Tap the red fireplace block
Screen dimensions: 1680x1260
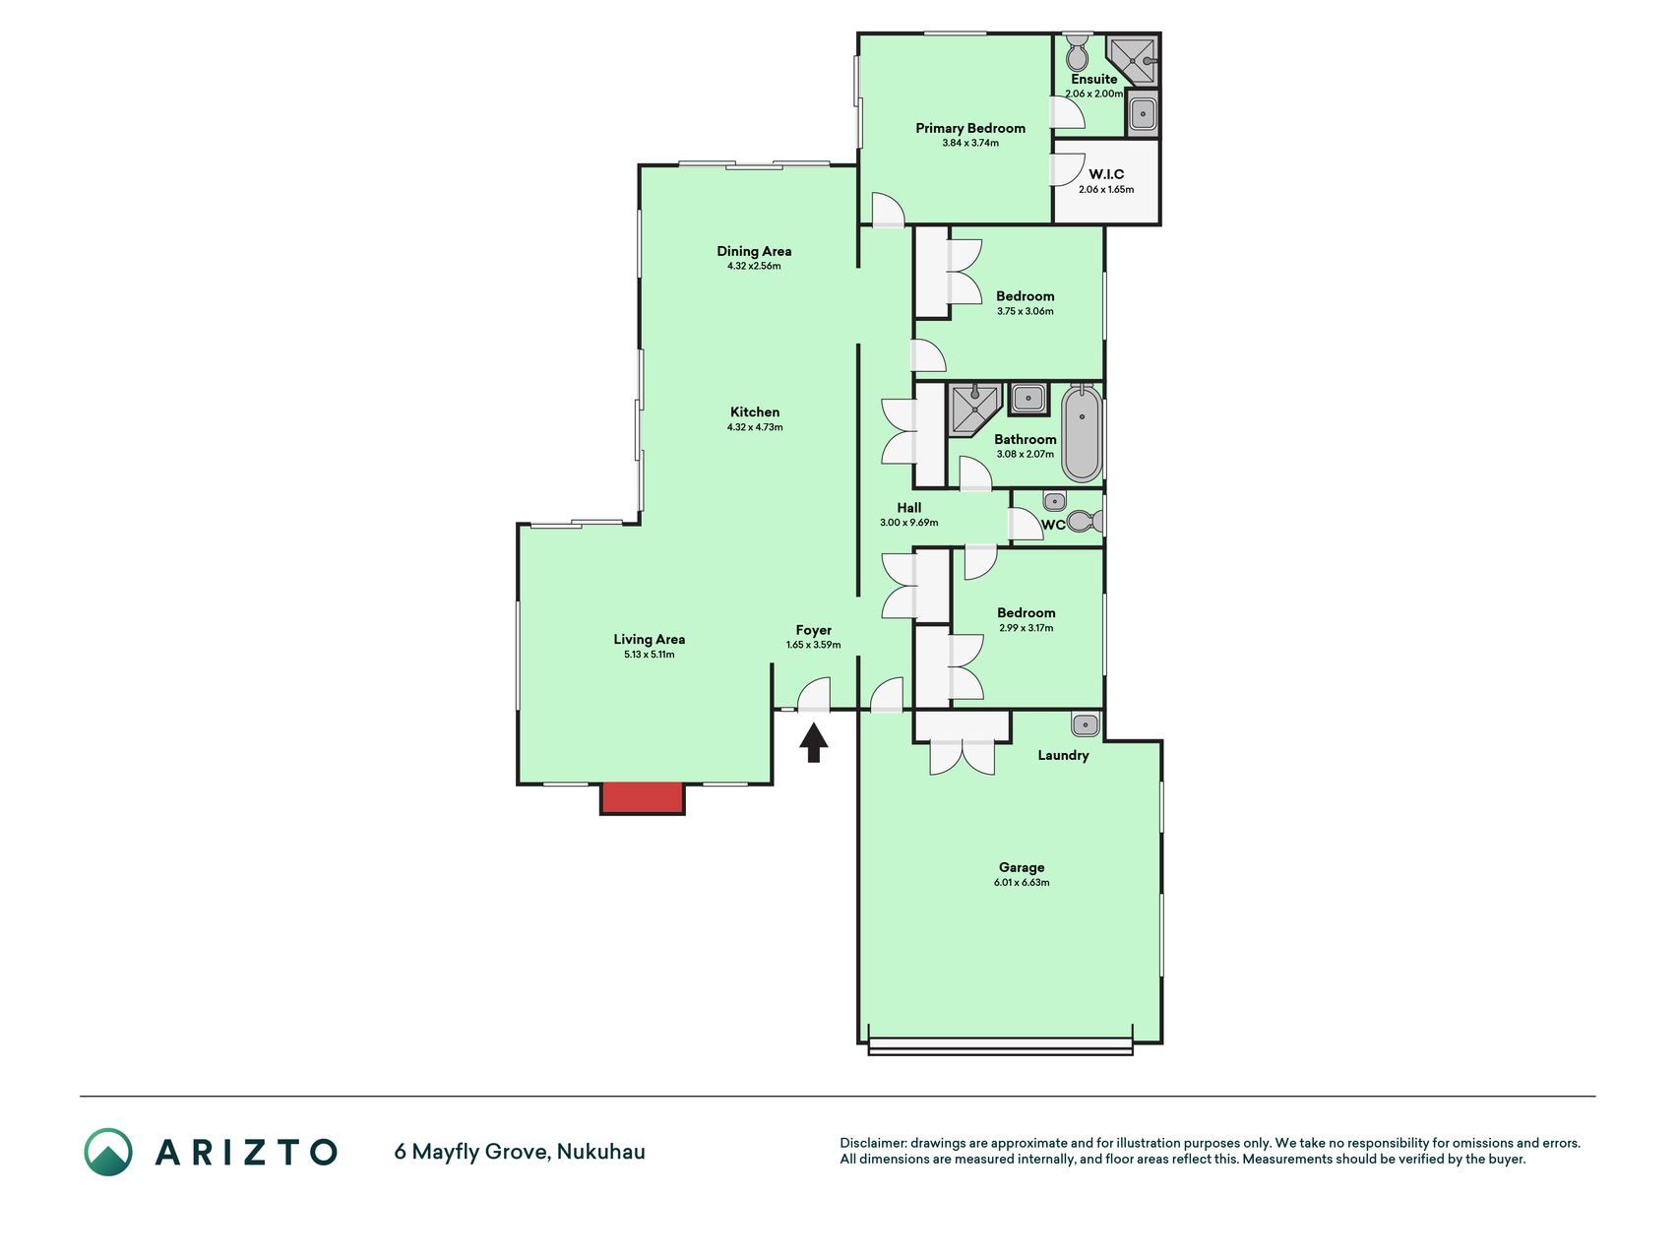click(x=642, y=797)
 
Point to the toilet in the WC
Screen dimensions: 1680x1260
click(x=1084, y=521)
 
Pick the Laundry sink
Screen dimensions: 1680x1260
click(x=1085, y=724)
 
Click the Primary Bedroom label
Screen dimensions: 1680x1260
click(x=970, y=128)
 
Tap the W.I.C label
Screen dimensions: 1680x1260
click(x=1106, y=174)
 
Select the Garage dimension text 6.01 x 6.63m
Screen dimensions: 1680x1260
click(x=1022, y=883)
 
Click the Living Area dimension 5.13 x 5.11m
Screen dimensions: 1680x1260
click(x=650, y=655)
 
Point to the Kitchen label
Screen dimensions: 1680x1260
click(x=755, y=412)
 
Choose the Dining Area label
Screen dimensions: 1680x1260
click(x=754, y=251)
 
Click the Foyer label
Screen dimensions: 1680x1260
click(x=814, y=630)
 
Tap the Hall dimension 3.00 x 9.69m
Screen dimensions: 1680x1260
click(x=909, y=523)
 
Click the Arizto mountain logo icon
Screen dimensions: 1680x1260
click(x=108, y=1152)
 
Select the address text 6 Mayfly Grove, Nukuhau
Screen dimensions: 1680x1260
click(x=520, y=1151)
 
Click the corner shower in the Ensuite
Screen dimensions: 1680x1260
click(x=1132, y=60)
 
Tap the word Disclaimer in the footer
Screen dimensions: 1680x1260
click(x=873, y=1143)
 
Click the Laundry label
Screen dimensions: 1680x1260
click(x=1063, y=755)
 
